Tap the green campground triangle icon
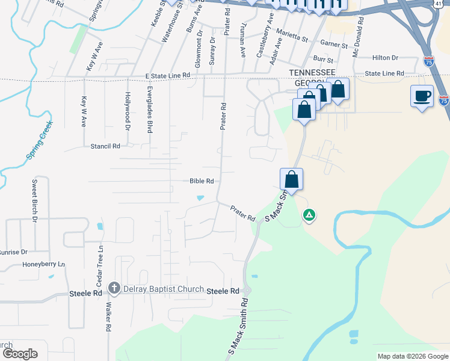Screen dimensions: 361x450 (x=309, y=214)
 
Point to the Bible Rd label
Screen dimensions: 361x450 (x=202, y=180)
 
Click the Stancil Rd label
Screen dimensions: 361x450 (x=105, y=146)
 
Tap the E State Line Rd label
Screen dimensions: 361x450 (x=167, y=76)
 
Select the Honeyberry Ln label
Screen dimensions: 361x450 (x=43, y=264)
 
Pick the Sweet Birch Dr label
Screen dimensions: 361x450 (x=34, y=193)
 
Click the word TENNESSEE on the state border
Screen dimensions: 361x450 (x=311, y=72)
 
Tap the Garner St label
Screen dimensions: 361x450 (x=334, y=45)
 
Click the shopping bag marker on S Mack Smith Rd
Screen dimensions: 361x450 (x=291, y=179)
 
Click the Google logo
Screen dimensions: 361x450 (x=19, y=353)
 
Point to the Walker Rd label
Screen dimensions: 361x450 (x=109, y=318)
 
